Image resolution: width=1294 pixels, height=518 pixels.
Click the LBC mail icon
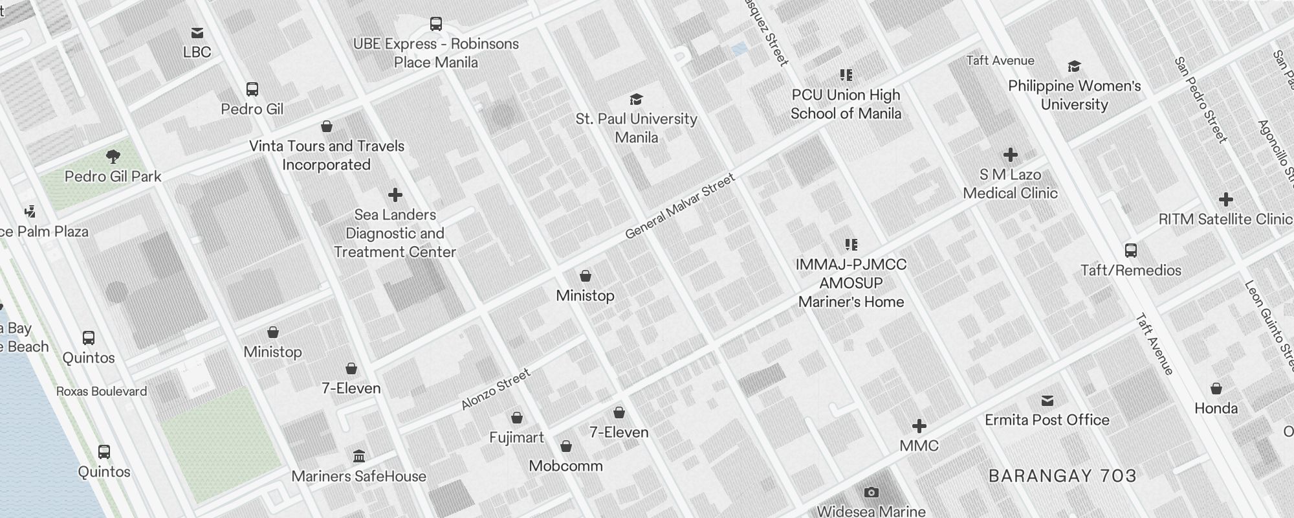coord(197,33)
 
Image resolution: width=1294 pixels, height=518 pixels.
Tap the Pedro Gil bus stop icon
coord(252,89)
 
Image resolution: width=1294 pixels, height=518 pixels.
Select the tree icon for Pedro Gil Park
coord(113,156)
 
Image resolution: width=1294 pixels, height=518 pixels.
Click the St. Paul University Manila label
coord(636,128)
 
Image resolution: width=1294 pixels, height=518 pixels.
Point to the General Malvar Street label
coord(680,206)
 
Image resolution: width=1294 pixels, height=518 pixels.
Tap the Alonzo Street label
coord(496,389)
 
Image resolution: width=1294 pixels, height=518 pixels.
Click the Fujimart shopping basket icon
coord(517,418)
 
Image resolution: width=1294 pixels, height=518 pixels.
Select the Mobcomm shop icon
coord(566,446)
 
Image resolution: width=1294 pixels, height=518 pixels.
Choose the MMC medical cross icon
coord(919,426)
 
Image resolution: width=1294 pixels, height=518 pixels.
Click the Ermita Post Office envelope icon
coord(1047,401)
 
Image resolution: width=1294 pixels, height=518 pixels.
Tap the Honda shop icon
coord(1216,388)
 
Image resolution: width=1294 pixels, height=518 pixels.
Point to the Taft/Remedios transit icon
coord(1131,251)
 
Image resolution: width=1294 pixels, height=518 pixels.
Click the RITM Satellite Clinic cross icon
coord(1225,199)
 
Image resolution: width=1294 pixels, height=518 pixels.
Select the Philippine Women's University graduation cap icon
coord(1074,66)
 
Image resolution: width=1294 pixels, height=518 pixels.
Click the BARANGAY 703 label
coord(1062,476)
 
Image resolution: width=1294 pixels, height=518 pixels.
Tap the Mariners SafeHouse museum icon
coord(359,456)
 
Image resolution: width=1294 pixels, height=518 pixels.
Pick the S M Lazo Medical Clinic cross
coord(1010,155)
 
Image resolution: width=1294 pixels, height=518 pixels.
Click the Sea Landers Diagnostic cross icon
coord(395,195)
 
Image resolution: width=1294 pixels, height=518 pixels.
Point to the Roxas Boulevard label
coord(102,391)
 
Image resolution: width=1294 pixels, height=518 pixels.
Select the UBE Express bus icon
coord(436,24)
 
